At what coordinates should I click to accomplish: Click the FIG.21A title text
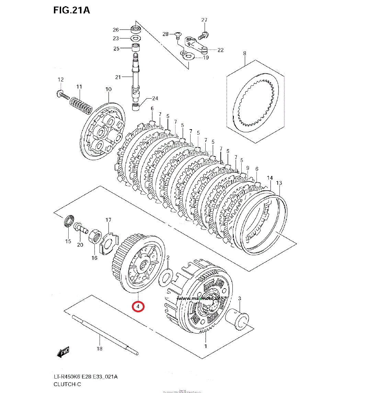(x=71, y=10)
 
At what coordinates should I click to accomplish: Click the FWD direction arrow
(x=64, y=351)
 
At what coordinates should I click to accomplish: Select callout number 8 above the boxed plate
(x=245, y=53)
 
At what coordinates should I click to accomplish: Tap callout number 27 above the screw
(x=204, y=20)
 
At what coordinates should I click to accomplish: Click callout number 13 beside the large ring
(x=279, y=183)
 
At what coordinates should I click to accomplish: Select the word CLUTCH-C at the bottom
(x=67, y=384)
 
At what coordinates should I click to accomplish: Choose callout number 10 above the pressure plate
(x=108, y=89)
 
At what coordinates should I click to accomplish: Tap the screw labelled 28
(x=177, y=34)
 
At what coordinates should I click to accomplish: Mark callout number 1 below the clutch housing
(x=206, y=346)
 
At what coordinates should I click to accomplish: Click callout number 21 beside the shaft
(x=118, y=77)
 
